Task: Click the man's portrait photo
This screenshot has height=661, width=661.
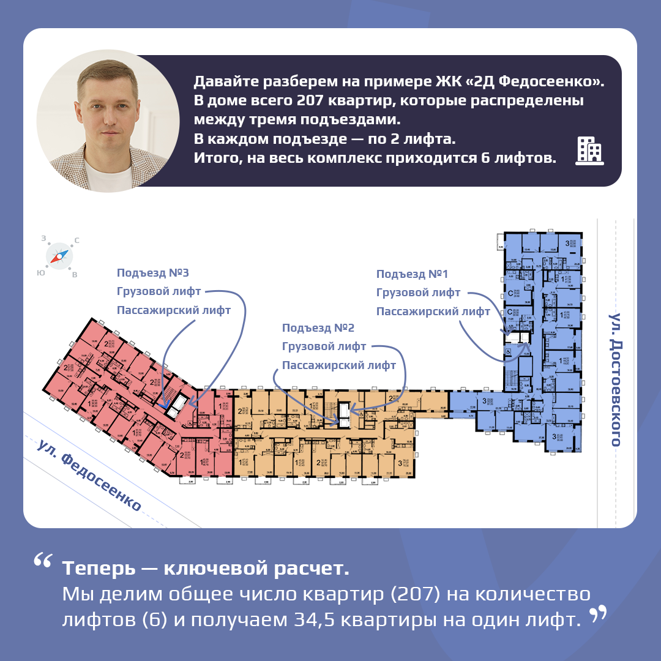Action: point(108,121)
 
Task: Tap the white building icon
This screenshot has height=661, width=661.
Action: point(589,151)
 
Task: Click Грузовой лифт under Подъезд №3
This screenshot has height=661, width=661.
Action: point(159,292)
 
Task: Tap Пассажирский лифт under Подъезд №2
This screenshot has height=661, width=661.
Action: point(338,365)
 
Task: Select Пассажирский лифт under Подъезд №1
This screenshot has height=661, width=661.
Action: point(433,312)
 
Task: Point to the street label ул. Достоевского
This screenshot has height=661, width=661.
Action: point(614,379)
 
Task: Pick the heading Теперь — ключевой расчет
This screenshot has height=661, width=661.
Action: point(206,569)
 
